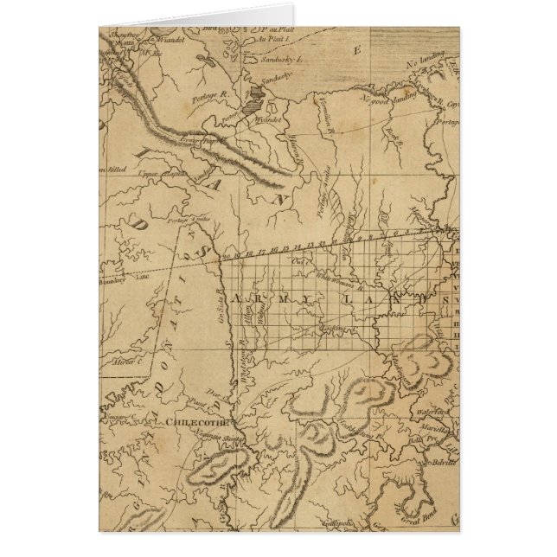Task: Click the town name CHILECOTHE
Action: (x=192, y=422)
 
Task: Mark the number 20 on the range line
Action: (x=227, y=256)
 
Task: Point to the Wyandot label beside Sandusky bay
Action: (x=269, y=120)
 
